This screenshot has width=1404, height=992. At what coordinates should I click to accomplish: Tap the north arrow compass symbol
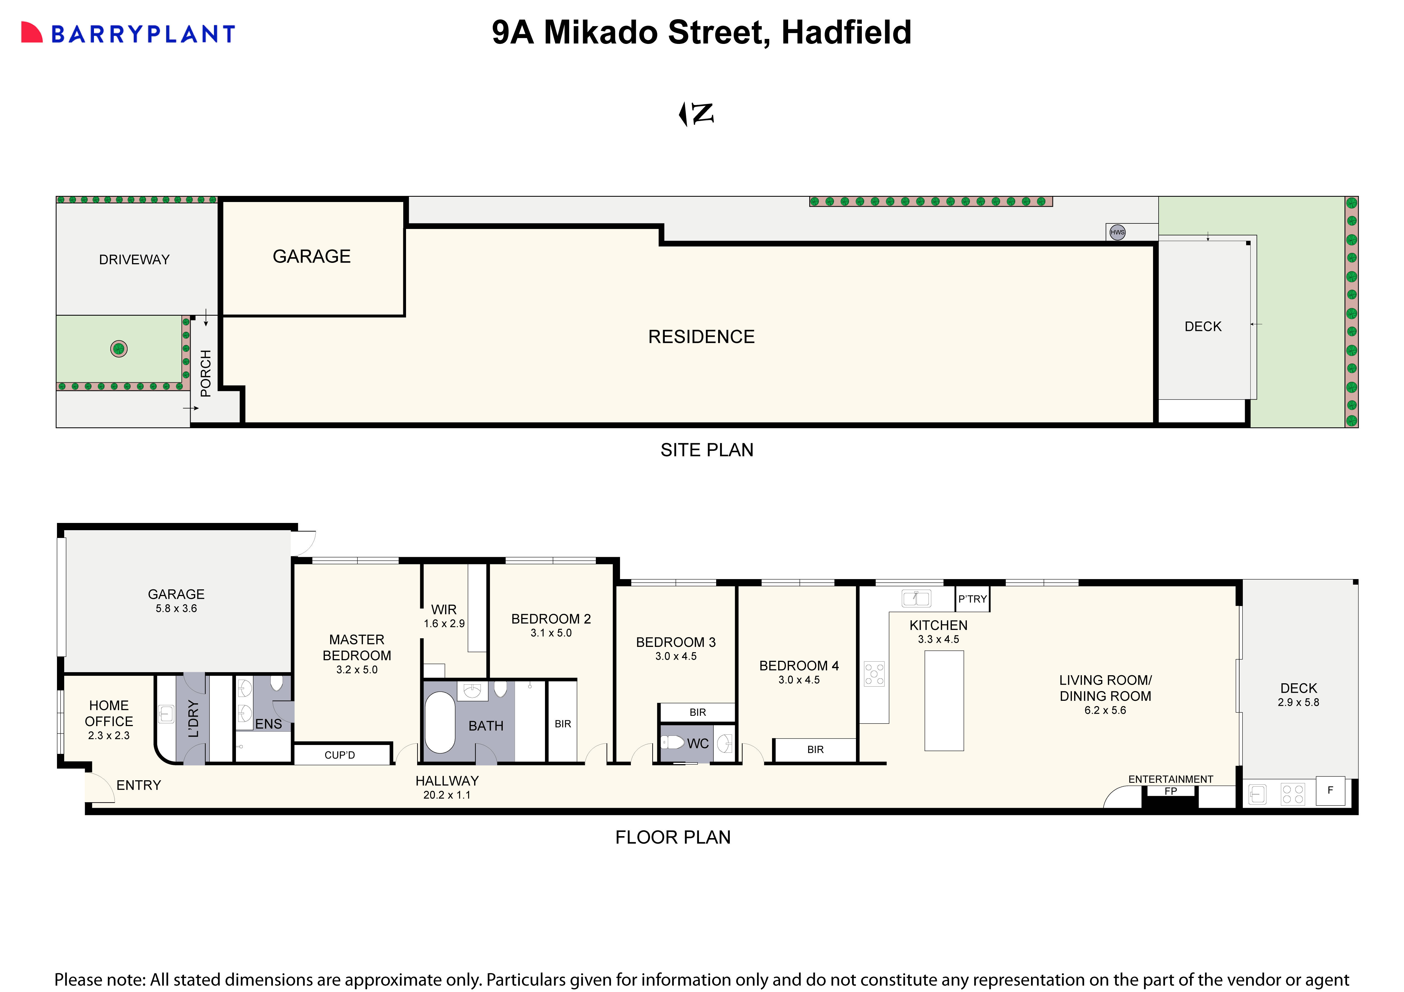(x=696, y=114)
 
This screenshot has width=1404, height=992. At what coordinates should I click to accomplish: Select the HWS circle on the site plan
(x=1117, y=232)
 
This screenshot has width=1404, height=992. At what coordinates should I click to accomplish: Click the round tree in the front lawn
(x=119, y=349)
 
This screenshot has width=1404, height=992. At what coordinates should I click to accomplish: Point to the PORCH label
(x=205, y=373)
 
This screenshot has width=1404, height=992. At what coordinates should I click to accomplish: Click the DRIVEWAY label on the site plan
(x=134, y=259)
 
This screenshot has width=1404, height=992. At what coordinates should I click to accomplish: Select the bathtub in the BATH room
(x=440, y=722)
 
